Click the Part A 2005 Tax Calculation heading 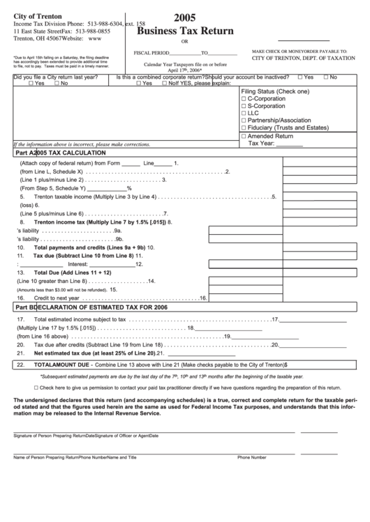click(60, 152)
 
